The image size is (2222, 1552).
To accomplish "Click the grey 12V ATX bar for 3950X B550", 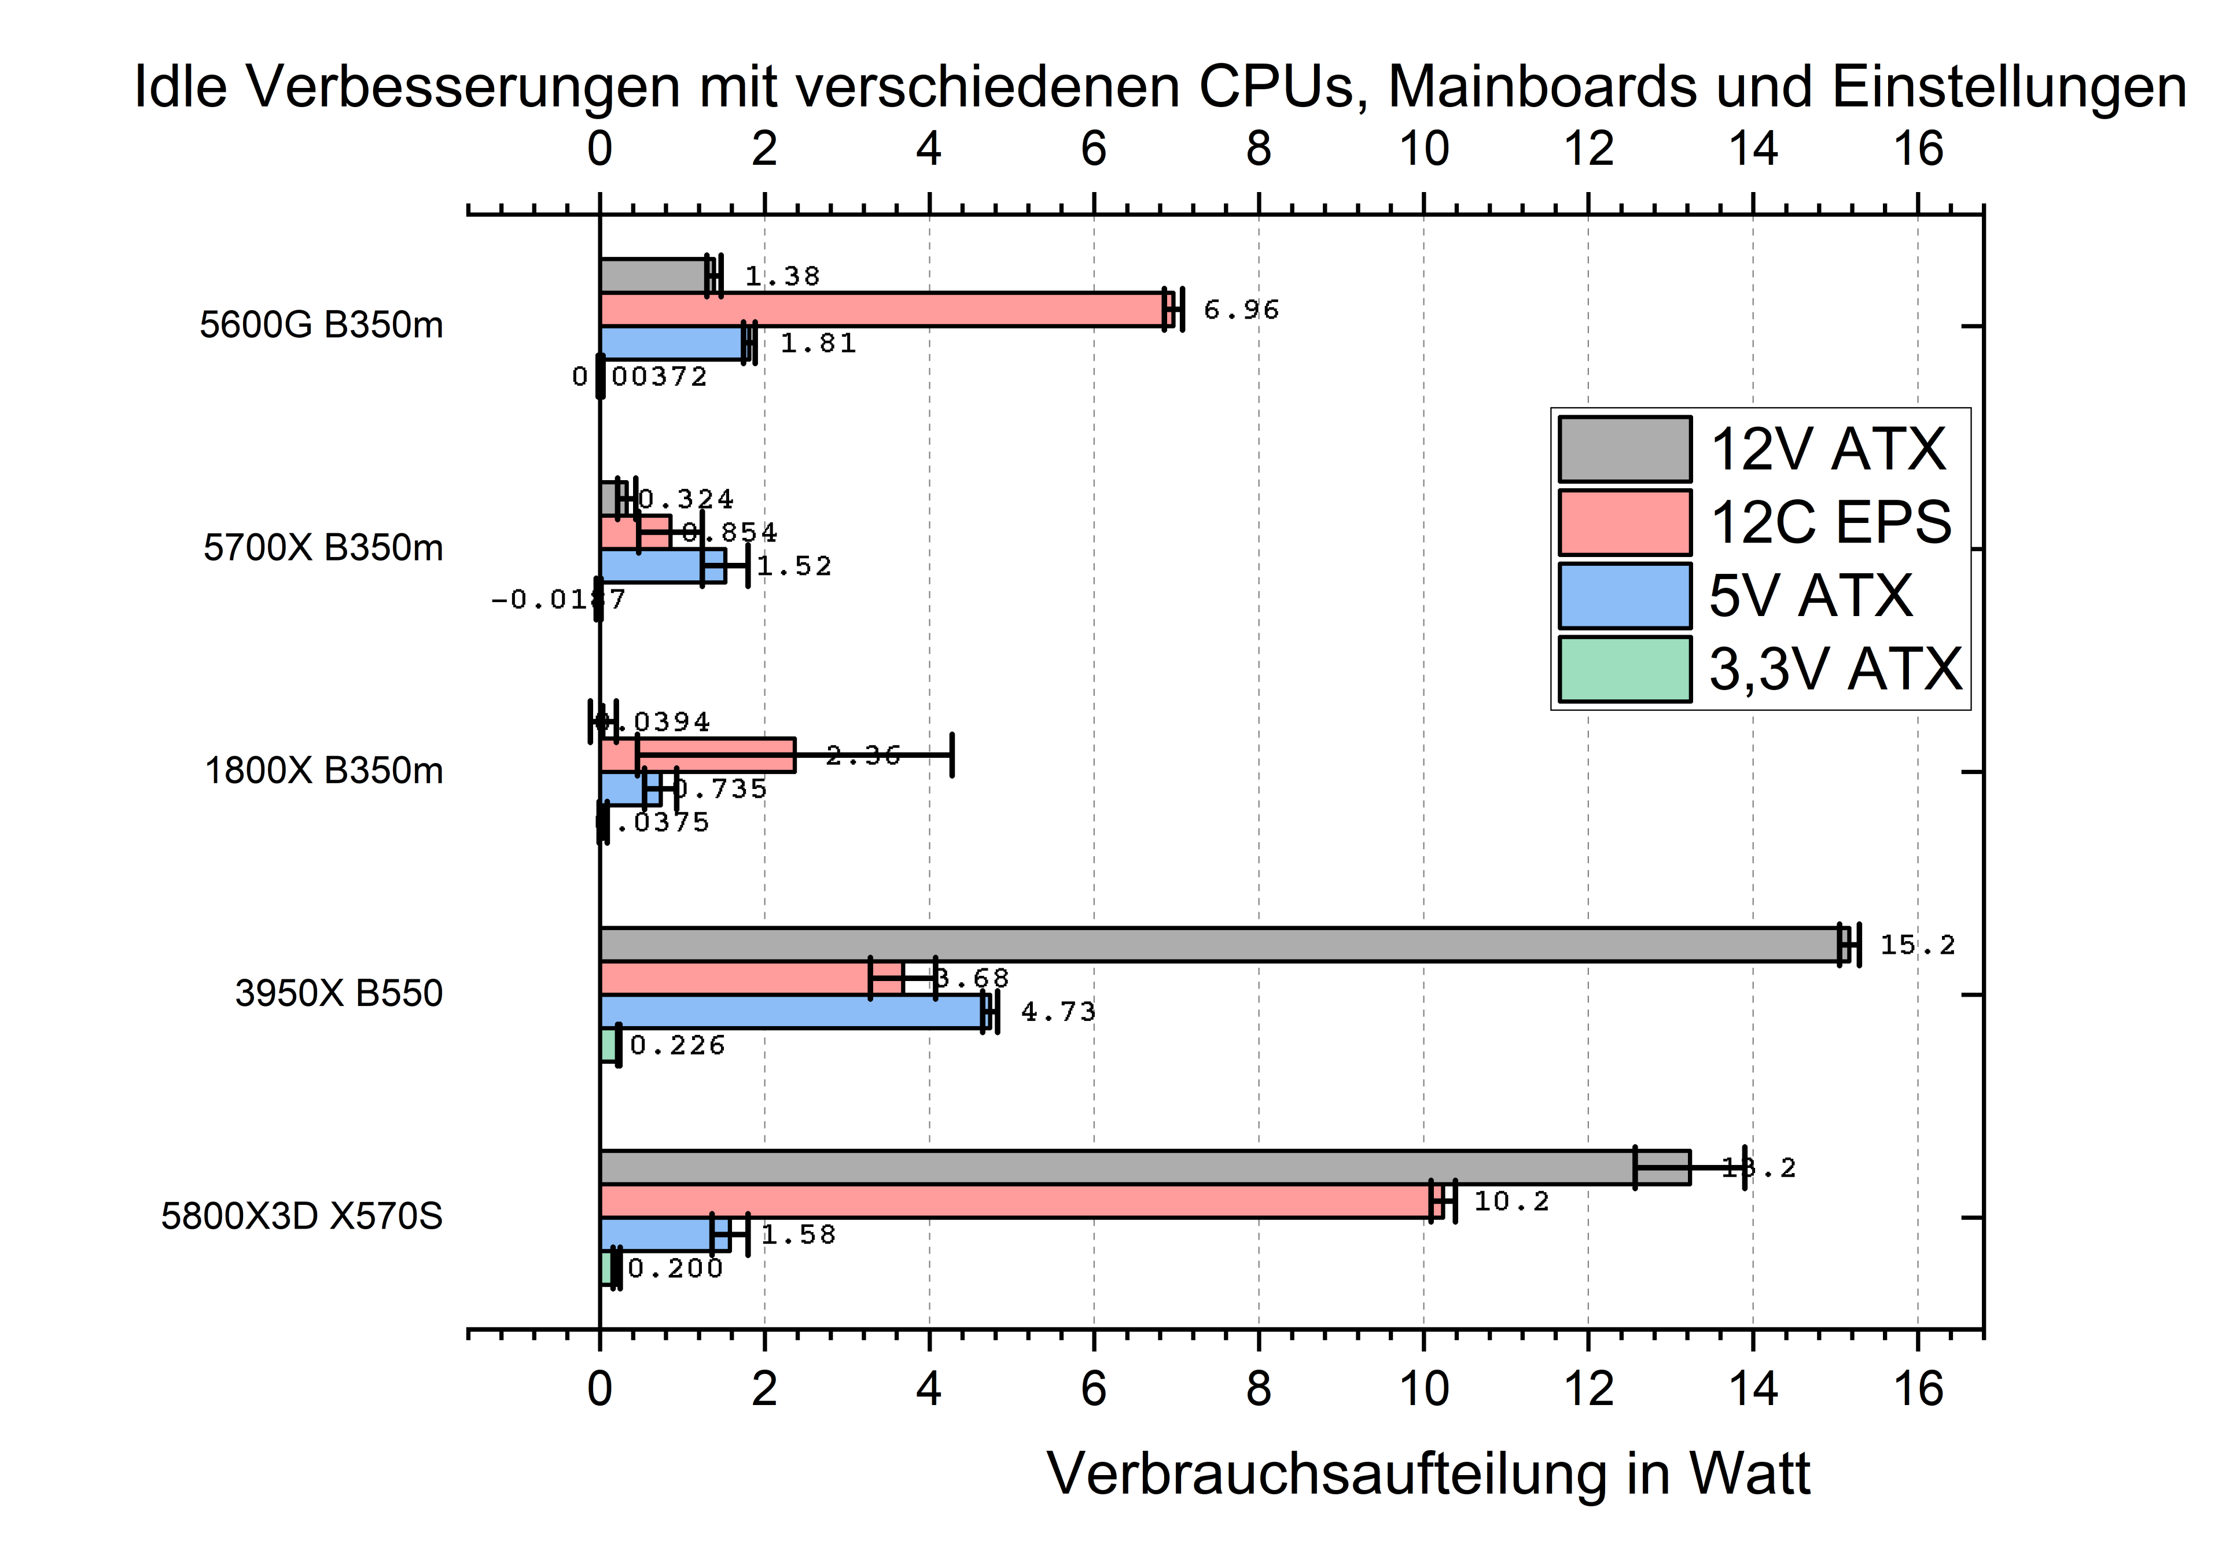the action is click(x=1219, y=945).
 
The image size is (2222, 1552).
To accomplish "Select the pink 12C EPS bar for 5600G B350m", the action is click(x=881, y=309).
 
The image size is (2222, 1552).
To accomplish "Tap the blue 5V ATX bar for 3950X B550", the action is click(x=793, y=1011).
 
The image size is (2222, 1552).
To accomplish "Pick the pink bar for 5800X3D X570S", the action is click(x=1016, y=1201).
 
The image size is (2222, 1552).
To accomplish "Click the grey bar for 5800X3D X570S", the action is click(x=1113, y=1167).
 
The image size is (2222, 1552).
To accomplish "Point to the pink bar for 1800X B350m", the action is click(x=697, y=755).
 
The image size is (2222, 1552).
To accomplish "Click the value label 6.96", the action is click(x=1241, y=309).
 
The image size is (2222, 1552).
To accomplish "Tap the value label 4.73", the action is click(x=1058, y=1011).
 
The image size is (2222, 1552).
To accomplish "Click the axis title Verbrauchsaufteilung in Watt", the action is click(x=1428, y=1474).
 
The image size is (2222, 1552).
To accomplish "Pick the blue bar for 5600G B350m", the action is click(x=672, y=342).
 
